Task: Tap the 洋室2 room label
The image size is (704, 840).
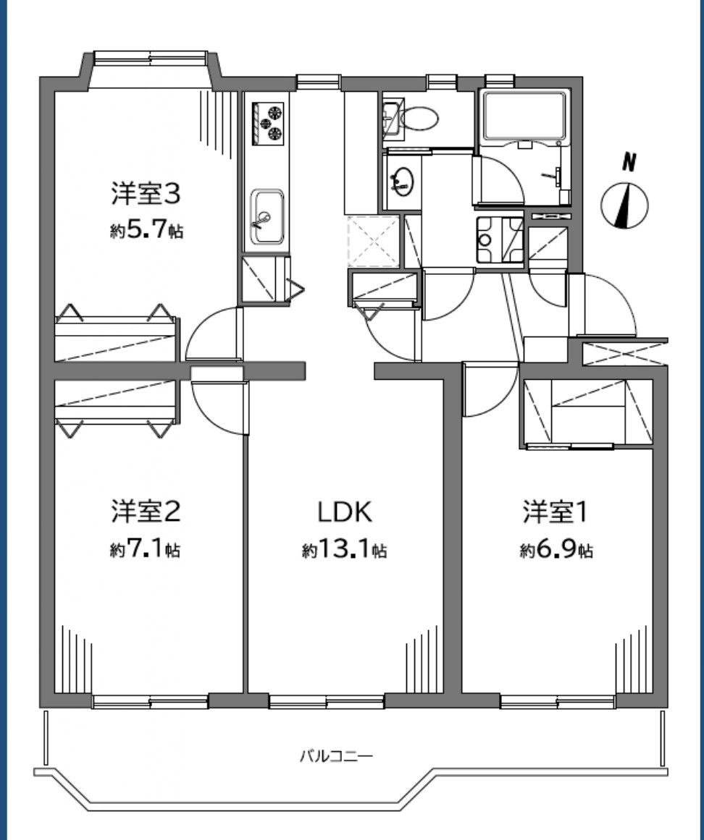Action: tap(145, 512)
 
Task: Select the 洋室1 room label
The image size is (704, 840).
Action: tap(556, 512)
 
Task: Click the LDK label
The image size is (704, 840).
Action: tap(345, 512)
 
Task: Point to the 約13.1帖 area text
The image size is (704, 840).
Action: tap(344, 551)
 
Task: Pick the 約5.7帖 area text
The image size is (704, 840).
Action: tap(146, 232)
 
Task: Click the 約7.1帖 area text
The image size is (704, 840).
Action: tap(145, 551)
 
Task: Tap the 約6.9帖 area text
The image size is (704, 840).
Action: tap(556, 551)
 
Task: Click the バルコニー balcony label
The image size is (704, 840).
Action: tap(337, 758)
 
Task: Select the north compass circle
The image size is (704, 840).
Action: tap(624, 205)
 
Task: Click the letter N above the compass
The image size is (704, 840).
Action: tap(630, 164)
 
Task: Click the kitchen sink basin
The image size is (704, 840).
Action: tap(267, 215)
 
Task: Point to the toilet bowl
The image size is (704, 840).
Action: tap(419, 117)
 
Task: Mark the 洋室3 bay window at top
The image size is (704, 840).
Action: tap(151, 58)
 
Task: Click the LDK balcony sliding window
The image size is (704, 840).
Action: tap(326, 700)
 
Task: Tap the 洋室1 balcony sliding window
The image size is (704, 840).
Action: tap(557, 700)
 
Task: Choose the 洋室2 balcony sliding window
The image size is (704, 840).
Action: tap(150, 700)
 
